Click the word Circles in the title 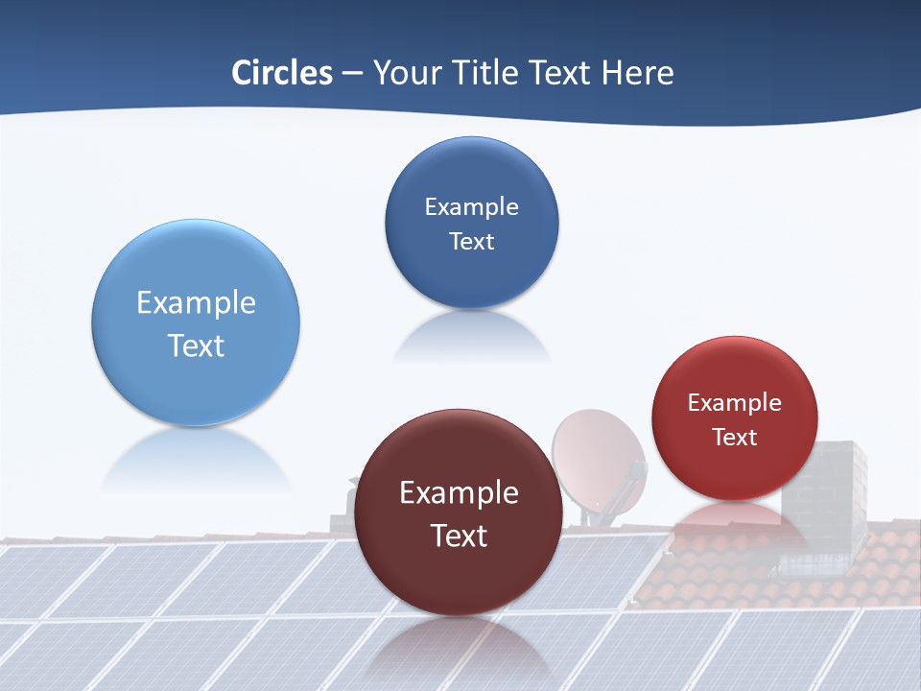(282, 73)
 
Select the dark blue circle (472, 173)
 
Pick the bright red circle (735, 374)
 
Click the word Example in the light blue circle (196, 303)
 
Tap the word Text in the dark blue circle (472, 242)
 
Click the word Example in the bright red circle (735, 403)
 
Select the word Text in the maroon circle (459, 536)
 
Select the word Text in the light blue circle (196, 346)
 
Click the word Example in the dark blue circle (472, 207)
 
